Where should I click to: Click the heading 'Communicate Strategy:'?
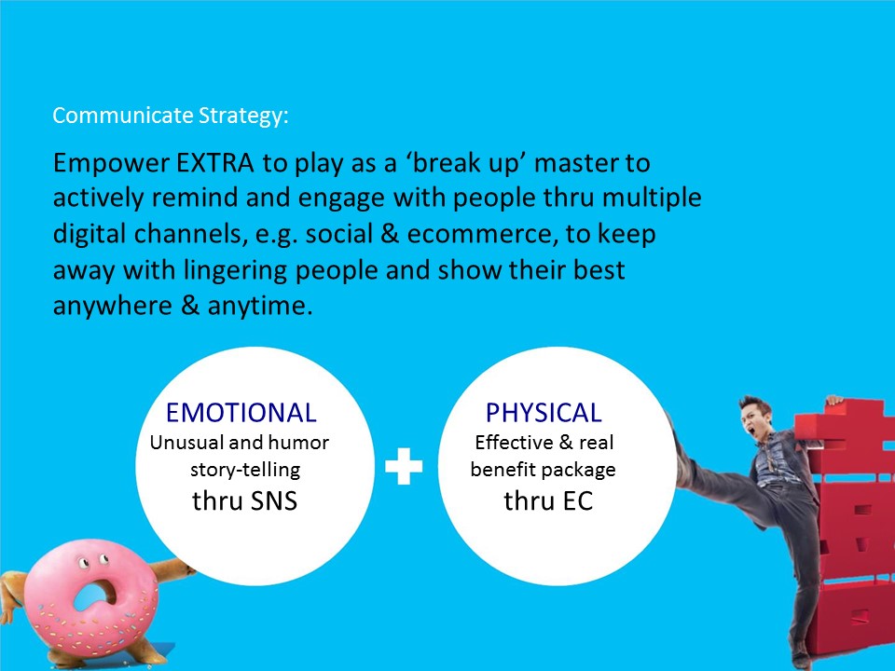(x=171, y=116)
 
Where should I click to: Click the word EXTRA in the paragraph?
(x=215, y=162)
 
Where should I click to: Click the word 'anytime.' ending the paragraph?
(x=260, y=307)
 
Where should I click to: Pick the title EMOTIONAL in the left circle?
(x=241, y=413)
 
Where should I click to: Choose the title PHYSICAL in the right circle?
(x=544, y=413)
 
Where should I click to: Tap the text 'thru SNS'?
(x=244, y=501)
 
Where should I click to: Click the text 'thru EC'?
(x=548, y=501)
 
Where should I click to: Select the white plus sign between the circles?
(x=404, y=466)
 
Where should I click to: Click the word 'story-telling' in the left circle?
(x=245, y=470)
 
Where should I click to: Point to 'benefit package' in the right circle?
(x=543, y=470)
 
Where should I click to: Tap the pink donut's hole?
(x=94, y=596)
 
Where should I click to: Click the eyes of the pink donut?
(x=93, y=562)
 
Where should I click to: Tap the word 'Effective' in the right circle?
(x=515, y=443)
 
